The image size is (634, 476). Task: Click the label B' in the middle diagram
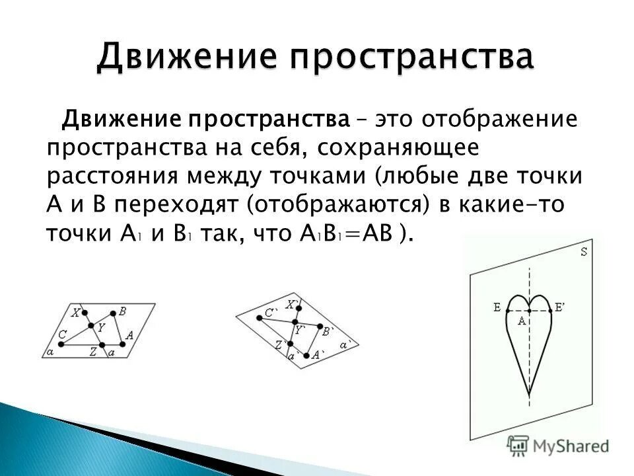click(x=328, y=331)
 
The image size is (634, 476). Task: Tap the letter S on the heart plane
click(x=584, y=252)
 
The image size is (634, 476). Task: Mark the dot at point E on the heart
click(x=505, y=308)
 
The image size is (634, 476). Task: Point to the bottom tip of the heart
click(x=529, y=395)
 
